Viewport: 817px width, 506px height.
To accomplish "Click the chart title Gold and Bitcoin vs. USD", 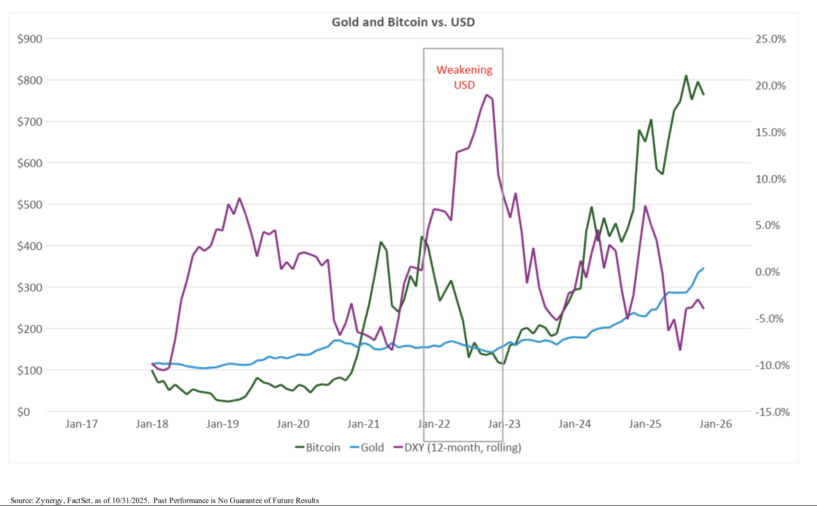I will tap(403, 22).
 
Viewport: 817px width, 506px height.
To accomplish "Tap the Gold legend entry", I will tap(367, 447).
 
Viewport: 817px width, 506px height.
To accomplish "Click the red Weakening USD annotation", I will tap(464, 77).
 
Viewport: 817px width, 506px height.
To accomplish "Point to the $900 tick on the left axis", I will tap(30, 39).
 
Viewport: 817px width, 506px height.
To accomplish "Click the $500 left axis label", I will tap(30, 205).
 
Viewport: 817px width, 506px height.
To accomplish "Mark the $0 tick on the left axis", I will tap(23, 412).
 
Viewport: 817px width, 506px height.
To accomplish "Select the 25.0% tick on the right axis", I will tap(770, 39).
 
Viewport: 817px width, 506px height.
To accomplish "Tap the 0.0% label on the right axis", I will tap(767, 272).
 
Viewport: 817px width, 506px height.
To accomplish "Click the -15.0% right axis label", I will tap(772, 412).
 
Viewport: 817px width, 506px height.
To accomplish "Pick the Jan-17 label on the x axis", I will tap(82, 424).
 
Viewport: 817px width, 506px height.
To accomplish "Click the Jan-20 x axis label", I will tap(293, 424).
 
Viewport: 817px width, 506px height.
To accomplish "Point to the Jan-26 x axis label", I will tap(716, 424).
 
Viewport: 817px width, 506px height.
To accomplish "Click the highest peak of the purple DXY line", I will tap(487, 95).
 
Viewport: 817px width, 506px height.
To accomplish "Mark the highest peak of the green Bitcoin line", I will tap(686, 76).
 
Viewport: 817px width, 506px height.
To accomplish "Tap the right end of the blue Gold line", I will tap(703, 268).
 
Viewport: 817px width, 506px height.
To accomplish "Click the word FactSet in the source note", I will tap(79, 500).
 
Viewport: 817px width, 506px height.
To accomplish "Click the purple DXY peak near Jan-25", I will tap(645, 206).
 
